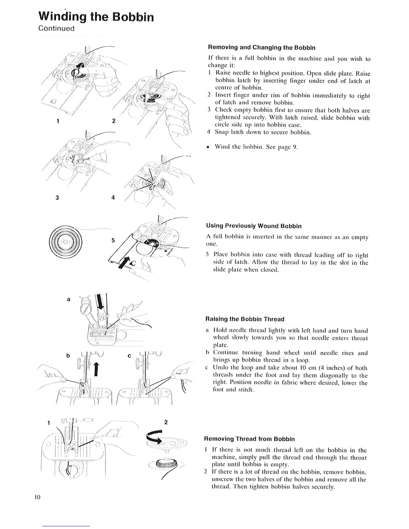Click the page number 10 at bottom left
coord(37,497)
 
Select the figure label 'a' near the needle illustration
coord(69,300)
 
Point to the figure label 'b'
coord(68,356)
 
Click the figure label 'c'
coord(129,356)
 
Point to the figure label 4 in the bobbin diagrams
coord(113,197)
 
